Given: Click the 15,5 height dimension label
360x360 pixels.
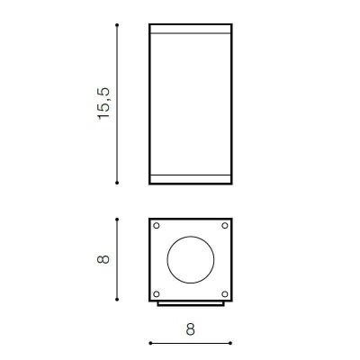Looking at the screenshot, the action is tap(103, 103).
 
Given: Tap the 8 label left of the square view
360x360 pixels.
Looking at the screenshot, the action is tap(103, 259).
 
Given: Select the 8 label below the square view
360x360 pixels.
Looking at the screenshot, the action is tap(190, 329).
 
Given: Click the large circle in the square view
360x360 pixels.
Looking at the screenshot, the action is tap(167, 260).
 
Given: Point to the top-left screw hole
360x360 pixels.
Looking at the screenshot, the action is tap(157, 226).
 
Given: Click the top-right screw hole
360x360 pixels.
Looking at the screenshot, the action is tap(225, 226).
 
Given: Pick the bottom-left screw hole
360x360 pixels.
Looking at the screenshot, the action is tap(157, 294).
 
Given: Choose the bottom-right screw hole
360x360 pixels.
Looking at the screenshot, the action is tap(225, 294).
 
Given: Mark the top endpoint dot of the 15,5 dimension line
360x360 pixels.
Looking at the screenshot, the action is tap(117, 25).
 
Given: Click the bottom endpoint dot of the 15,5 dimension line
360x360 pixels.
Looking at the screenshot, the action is tap(117, 183).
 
